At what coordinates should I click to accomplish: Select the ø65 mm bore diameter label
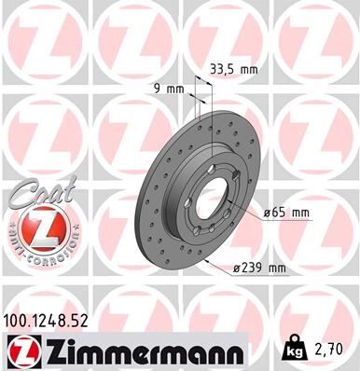pyautogui.click(x=285, y=213)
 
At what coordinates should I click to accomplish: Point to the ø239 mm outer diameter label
pyautogui.click(x=259, y=270)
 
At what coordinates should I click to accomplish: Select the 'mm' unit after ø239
pyautogui.click(x=276, y=270)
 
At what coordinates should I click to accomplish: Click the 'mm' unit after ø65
pyautogui.click(x=298, y=213)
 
